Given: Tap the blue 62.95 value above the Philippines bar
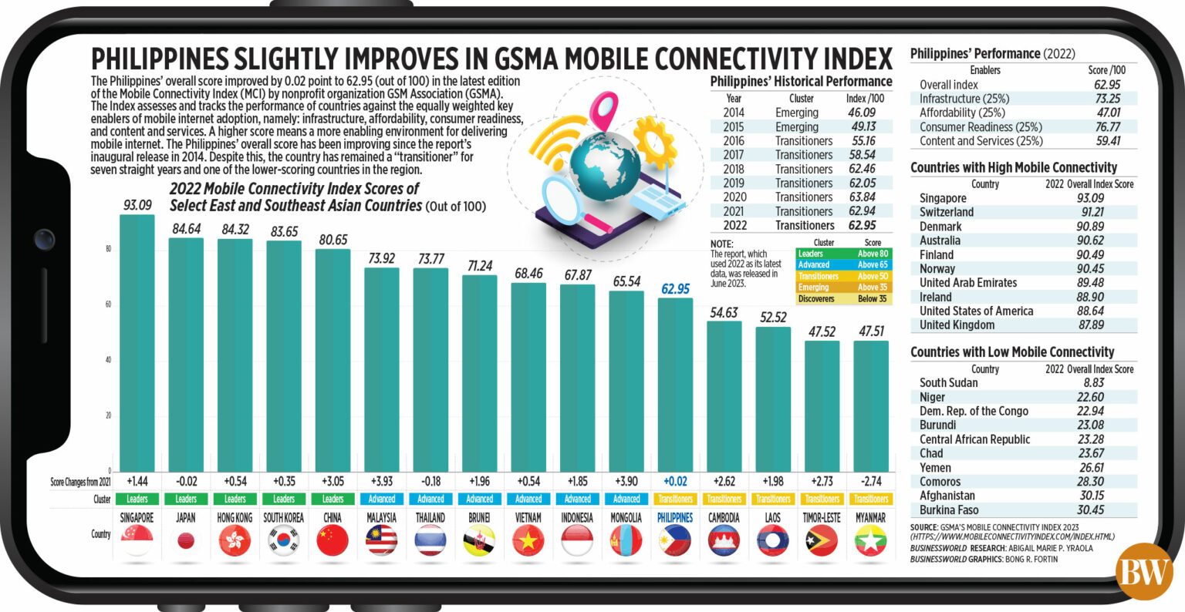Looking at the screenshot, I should (x=675, y=289).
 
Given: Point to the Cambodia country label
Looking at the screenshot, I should (x=724, y=518).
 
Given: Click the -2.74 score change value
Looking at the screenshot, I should (x=871, y=482).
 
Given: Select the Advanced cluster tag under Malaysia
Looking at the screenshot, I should (x=381, y=499).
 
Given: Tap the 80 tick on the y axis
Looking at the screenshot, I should (x=108, y=249).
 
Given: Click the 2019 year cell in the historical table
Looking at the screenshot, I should (x=734, y=183).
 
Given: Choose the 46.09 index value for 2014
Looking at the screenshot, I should (x=861, y=113).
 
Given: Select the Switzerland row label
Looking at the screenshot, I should (x=946, y=212).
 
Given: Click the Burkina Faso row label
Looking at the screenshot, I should (x=948, y=509).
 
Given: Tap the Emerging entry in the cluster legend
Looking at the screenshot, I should (x=814, y=287).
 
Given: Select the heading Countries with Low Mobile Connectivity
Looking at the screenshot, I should (x=1012, y=351).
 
